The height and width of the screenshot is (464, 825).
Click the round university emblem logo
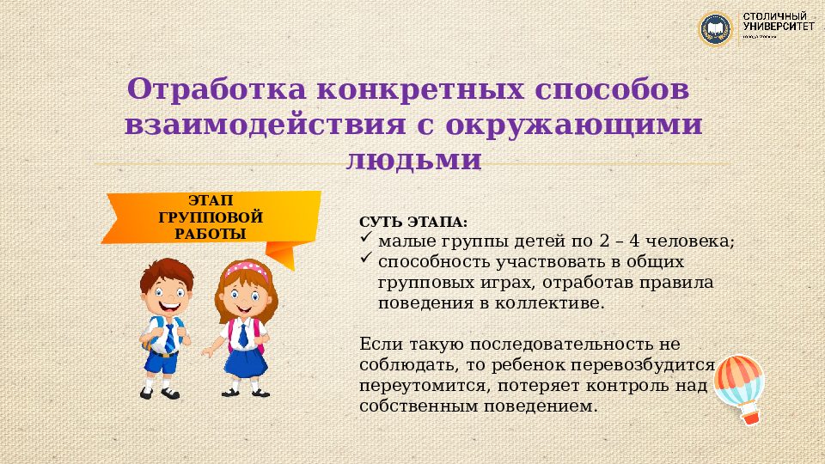(715, 29)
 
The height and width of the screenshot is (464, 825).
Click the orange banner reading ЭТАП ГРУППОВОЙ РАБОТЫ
(210, 218)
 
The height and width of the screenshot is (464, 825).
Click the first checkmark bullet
(365, 240)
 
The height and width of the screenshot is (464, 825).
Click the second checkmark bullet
(365, 259)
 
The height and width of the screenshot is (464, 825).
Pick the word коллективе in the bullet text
(559, 302)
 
